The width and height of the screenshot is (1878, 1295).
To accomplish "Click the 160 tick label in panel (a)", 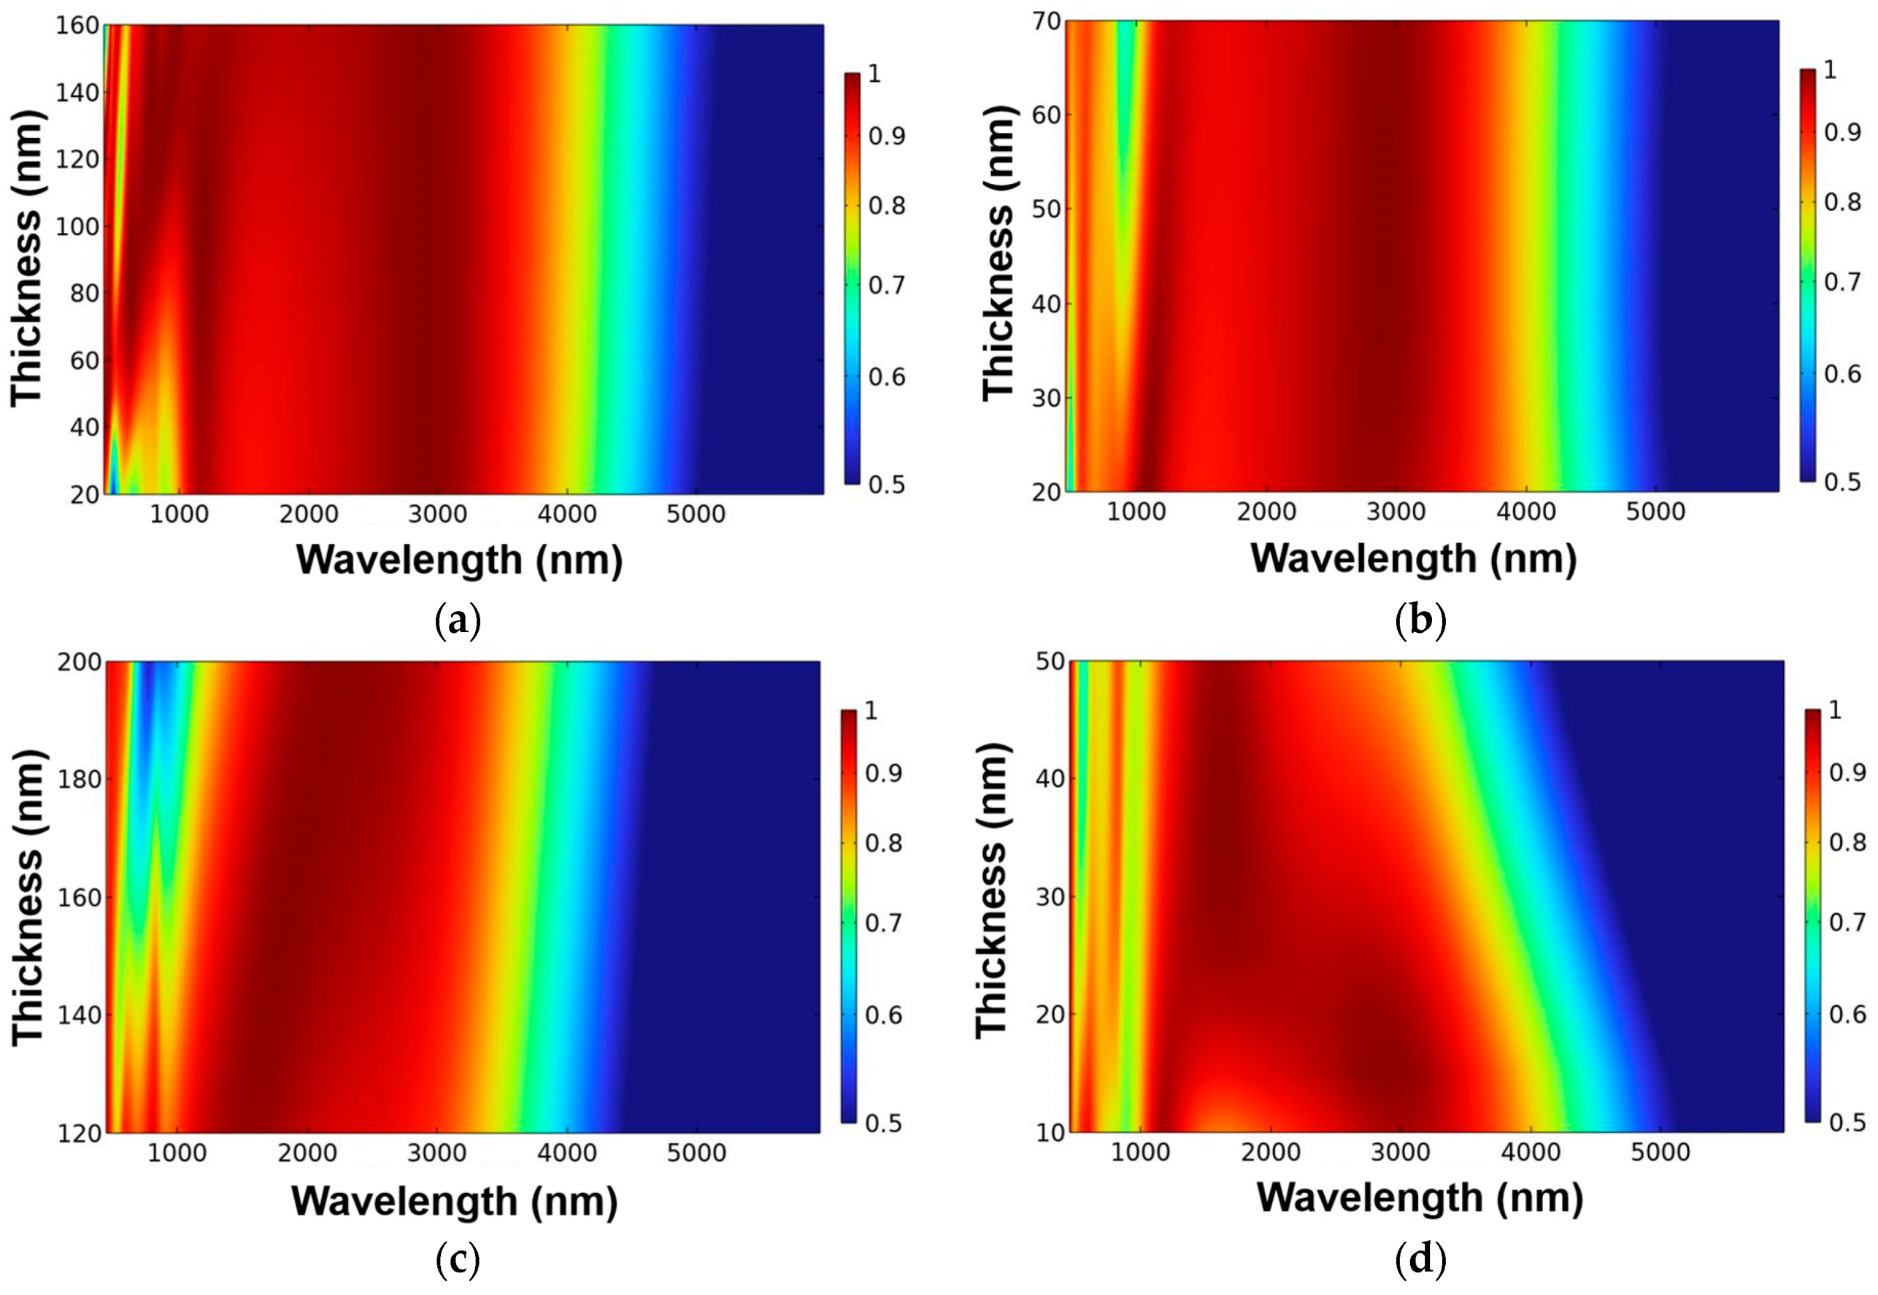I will [77, 26].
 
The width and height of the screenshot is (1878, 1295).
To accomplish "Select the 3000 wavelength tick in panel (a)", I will [437, 515].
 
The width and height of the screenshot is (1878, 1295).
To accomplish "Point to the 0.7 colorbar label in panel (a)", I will [887, 285].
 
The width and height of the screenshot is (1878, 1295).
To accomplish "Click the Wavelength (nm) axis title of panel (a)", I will [459, 560].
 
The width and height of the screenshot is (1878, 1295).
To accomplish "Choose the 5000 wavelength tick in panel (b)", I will [1655, 512].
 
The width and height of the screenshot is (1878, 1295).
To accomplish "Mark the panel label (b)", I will [1420, 621].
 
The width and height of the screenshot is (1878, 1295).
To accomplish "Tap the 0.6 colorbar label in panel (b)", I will [1842, 374].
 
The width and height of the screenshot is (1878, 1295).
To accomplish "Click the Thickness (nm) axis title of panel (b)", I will [998, 253].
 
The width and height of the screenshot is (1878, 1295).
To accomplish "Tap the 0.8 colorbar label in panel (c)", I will [883, 844].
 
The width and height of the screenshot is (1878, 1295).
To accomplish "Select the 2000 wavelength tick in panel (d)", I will [1271, 1152].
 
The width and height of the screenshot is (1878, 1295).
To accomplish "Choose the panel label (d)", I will [1420, 1260].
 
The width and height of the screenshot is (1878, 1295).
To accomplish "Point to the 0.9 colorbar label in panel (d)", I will [1847, 773].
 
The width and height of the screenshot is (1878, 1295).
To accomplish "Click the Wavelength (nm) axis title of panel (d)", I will [1420, 1198].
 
